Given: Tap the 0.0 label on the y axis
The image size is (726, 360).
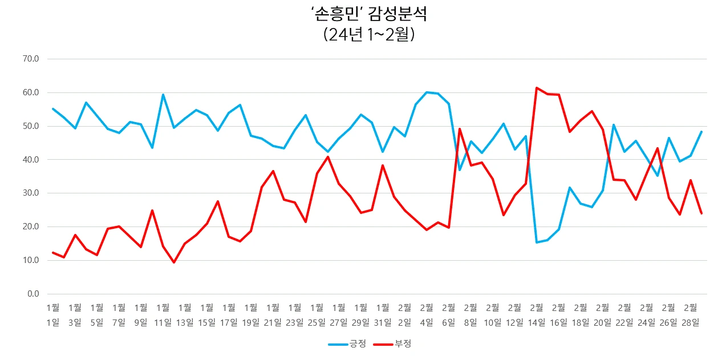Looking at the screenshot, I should click(33, 294).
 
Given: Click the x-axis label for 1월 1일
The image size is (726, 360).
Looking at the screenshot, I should click(52, 314).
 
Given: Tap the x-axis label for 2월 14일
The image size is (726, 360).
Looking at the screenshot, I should click(536, 314).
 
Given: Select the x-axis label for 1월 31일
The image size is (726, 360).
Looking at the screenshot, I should click(382, 314).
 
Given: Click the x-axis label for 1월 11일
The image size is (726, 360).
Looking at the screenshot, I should click(163, 314).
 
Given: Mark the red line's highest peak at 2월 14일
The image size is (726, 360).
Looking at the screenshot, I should click(537, 88).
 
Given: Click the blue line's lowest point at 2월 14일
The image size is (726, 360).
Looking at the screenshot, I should click(537, 242).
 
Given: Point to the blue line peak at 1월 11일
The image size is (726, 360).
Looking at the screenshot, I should click(163, 95).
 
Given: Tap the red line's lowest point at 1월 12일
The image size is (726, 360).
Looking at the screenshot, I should click(174, 262).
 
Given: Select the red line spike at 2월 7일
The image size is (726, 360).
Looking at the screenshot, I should click(460, 129).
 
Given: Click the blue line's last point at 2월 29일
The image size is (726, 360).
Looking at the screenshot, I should click(701, 132).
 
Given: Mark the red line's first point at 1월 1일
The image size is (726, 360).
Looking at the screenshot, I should click(52, 253).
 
